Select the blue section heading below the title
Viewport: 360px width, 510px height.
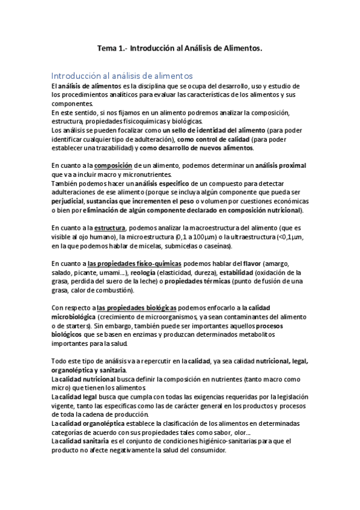coord(122,76)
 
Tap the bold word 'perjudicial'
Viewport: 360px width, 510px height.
coord(69,201)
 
